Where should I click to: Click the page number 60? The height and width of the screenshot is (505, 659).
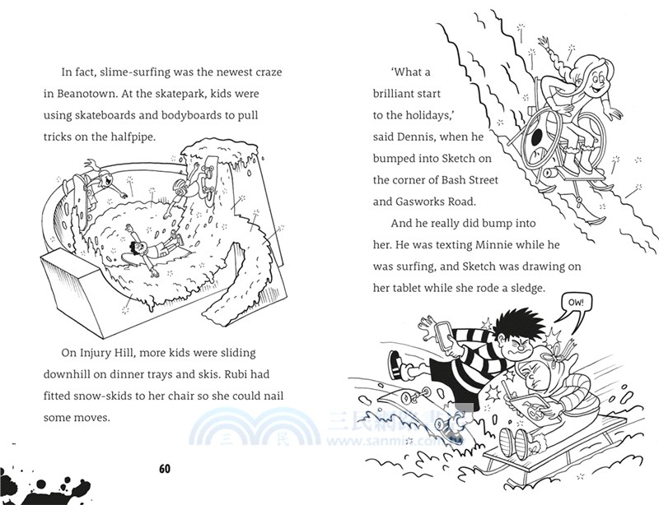pos(165,469)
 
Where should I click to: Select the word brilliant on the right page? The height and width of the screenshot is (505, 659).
pos(399,94)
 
